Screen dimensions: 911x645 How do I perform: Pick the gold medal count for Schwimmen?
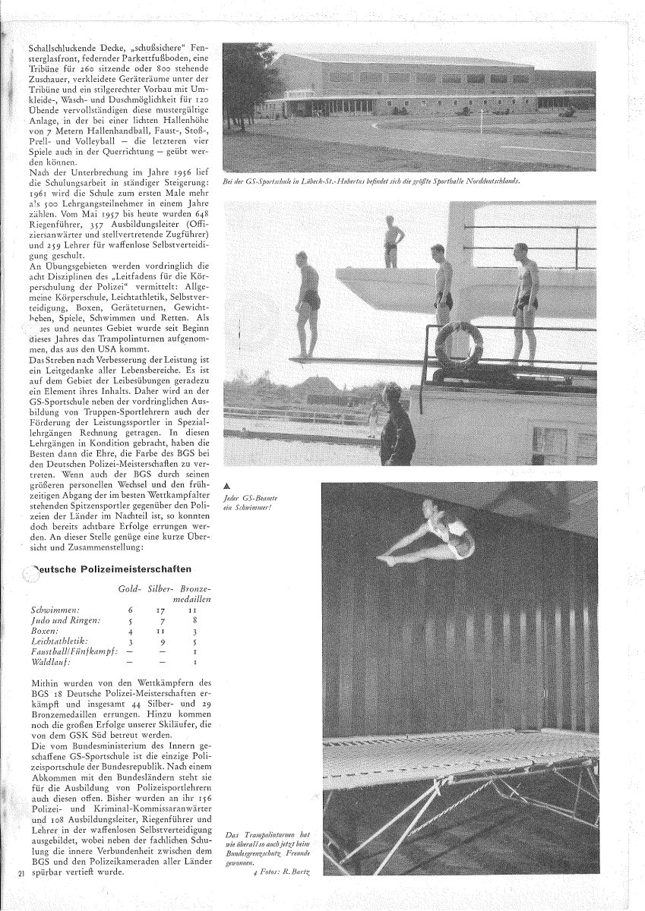point(131,610)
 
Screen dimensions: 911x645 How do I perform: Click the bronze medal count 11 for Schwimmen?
point(195,610)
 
